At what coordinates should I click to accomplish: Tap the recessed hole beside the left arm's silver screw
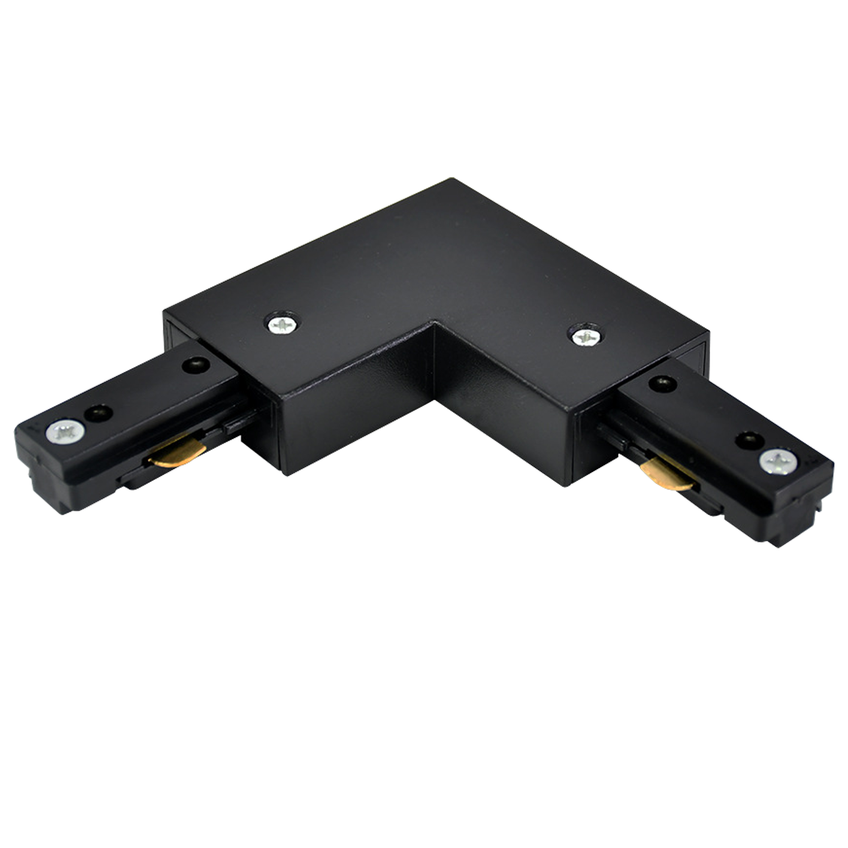point(98,412)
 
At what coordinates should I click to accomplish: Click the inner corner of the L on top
point(435,323)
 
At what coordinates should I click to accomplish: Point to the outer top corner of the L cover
point(452,179)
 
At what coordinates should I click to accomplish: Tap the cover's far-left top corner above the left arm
point(164,312)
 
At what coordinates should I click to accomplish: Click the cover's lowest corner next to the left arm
point(286,474)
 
